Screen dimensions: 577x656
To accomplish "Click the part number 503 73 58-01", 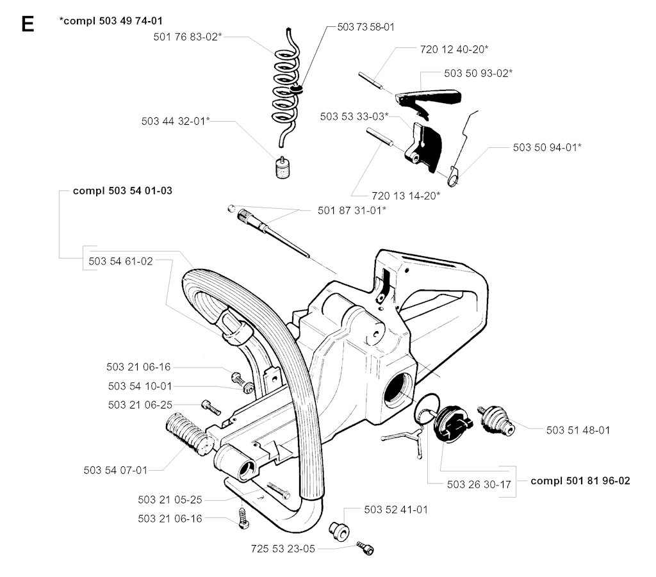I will click(365, 27).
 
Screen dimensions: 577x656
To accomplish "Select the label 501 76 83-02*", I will click(188, 37).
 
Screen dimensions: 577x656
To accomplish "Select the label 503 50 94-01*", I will click(547, 147).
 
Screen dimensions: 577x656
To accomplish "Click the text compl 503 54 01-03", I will click(122, 190).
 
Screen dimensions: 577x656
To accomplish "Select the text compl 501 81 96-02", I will click(580, 480).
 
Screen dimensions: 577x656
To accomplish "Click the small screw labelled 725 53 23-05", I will click(366, 548).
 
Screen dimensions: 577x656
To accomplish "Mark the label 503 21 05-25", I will click(170, 500).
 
